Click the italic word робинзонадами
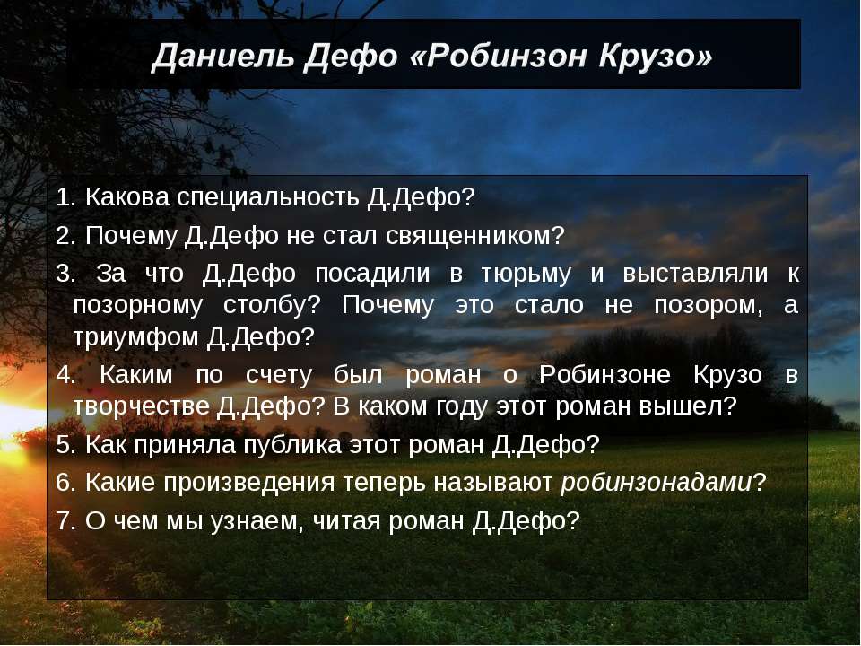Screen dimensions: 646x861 coord(656,483)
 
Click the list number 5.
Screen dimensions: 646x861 coord(62,444)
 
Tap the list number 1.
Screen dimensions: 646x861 coord(62,196)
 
